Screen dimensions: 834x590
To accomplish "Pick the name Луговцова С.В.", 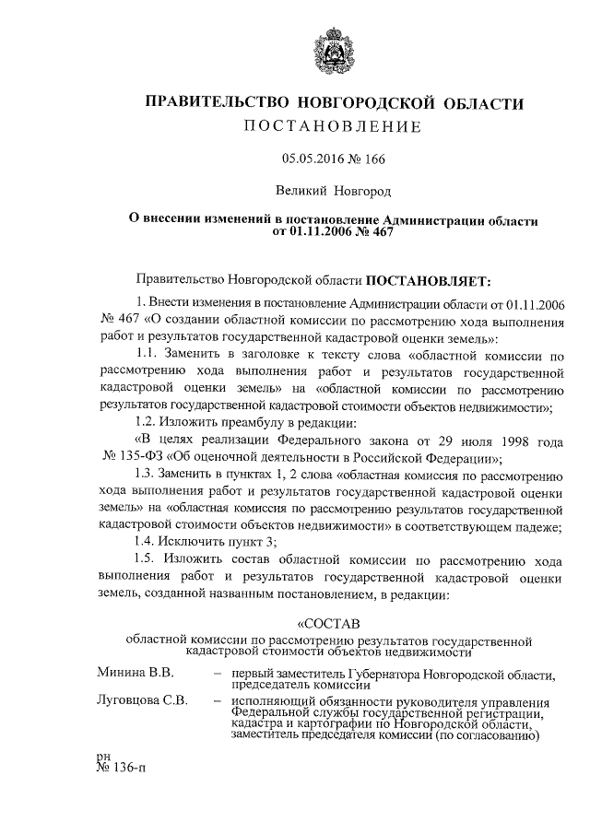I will click(x=142, y=700).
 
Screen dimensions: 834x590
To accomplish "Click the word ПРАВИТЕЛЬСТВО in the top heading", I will click(x=208, y=104).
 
